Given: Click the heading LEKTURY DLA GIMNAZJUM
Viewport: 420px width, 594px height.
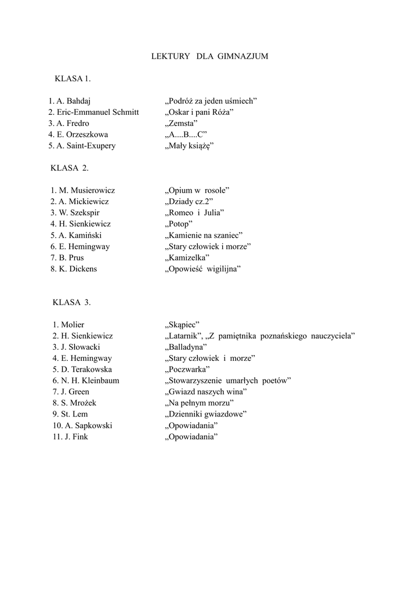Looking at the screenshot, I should (x=209, y=56).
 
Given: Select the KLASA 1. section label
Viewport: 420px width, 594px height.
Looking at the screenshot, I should (x=73, y=78).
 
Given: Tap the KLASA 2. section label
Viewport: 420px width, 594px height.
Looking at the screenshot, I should (x=70, y=168).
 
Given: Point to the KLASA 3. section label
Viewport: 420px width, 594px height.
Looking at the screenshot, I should (x=71, y=302).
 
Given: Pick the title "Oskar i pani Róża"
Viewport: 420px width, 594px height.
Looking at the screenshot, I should (x=199, y=112).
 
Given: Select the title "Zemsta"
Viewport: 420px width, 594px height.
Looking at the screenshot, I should (x=182, y=123).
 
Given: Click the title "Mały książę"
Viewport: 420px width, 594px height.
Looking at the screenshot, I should (x=190, y=146).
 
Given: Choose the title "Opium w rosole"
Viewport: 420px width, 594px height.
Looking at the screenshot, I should (x=198, y=190).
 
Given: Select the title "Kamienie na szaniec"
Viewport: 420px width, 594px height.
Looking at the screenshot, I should (x=204, y=235).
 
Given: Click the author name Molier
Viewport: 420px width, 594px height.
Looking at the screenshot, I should (x=73, y=325).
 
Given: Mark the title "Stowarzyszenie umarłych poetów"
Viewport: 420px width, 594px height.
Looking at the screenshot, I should (x=228, y=381).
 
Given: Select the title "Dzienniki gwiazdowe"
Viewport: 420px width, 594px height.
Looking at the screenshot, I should (x=207, y=414).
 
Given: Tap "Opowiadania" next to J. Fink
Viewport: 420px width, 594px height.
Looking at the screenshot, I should (x=191, y=437).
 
